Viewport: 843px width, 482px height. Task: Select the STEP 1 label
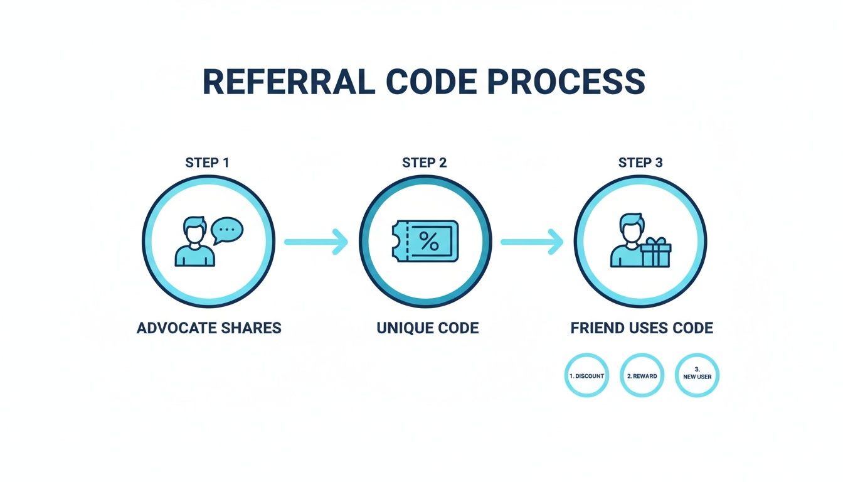click(x=208, y=163)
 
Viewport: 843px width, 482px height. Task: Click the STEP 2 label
click(x=425, y=163)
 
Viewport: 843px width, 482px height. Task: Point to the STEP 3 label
click(x=640, y=163)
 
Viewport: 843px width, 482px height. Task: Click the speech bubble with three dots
click(x=227, y=230)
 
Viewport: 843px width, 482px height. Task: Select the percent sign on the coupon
click(x=429, y=241)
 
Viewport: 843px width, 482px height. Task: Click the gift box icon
click(x=655, y=254)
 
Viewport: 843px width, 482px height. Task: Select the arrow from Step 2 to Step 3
click(x=532, y=242)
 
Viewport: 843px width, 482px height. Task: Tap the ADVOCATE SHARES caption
click(x=209, y=328)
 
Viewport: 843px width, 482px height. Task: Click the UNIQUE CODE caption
click(x=428, y=328)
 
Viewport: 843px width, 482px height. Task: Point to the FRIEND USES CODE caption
click(x=642, y=328)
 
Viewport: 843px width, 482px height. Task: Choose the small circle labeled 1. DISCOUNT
click(x=586, y=376)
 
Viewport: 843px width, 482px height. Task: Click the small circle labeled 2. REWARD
click(x=642, y=376)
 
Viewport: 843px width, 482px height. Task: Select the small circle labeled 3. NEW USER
click(x=697, y=376)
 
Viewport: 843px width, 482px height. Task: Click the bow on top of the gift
click(x=656, y=242)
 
